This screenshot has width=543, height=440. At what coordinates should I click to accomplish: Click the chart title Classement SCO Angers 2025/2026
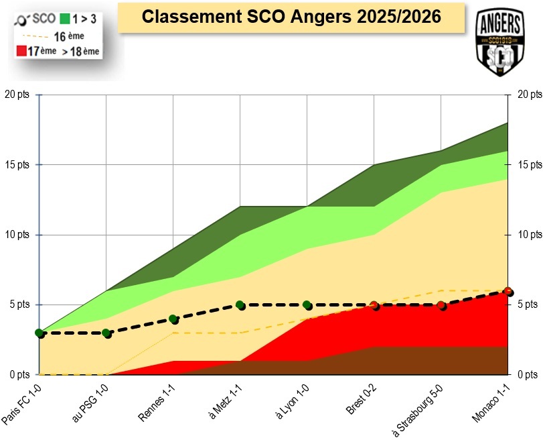coord(291,17)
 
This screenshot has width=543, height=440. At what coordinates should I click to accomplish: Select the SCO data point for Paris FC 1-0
coord(40,333)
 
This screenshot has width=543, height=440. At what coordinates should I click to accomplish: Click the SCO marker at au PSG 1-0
coord(106,333)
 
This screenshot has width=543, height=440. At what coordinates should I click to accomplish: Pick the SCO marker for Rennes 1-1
coord(173,319)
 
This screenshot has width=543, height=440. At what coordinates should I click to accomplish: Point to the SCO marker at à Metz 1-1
coord(240,305)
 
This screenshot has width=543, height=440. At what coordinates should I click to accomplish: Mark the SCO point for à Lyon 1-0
coord(307,305)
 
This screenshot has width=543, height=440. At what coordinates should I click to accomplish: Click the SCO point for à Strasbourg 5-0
coord(441,306)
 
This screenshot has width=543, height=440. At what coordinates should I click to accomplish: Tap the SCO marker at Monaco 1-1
coord(508,292)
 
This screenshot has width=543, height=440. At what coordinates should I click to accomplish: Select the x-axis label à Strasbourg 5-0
coord(420,408)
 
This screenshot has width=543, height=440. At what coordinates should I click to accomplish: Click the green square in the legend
coord(65,19)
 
